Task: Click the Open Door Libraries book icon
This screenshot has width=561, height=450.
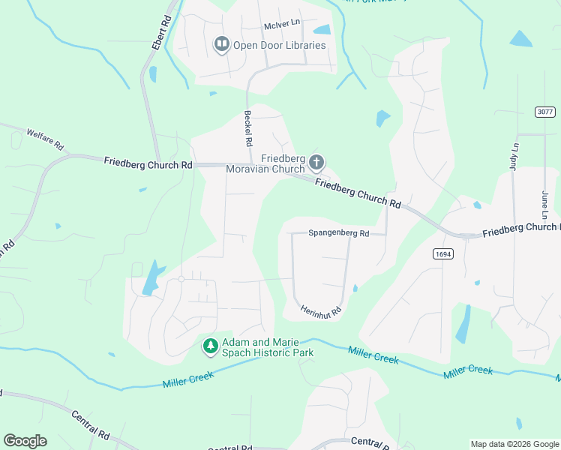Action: tap(221, 46)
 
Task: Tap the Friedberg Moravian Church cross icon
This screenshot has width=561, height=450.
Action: tap(316, 162)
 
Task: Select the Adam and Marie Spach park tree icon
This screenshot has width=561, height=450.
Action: tap(211, 346)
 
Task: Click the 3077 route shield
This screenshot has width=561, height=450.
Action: tap(545, 112)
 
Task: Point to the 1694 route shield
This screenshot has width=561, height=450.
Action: tap(442, 254)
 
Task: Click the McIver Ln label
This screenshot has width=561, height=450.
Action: tap(282, 25)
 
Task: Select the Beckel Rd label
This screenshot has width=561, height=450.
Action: tap(247, 128)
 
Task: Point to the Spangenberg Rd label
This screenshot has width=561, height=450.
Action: tap(339, 233)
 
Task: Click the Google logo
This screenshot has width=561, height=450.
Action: tap(25, 441)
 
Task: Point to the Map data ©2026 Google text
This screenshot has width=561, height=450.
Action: tap(514, 444)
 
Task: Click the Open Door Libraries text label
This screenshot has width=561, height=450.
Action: tap(279, 45)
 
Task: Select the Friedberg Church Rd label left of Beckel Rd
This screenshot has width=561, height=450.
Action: tap(148, 163)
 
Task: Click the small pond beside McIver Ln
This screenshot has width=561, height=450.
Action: tap(322, 30)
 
